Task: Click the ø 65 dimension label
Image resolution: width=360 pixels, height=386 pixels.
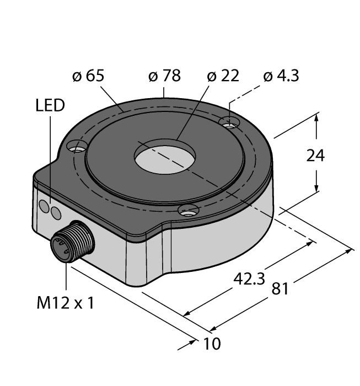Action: tap(88, 76)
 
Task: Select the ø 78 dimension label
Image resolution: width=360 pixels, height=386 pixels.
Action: tap(165, 76)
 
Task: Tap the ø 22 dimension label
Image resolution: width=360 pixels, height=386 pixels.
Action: tap(223, 76)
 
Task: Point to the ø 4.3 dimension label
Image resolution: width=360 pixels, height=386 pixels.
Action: tap(281, 76)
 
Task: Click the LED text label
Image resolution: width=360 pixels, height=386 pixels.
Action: tap(50, 105)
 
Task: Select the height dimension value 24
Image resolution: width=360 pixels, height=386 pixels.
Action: tap(315, 156)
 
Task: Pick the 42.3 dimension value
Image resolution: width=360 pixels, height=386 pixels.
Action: tap(249, 279)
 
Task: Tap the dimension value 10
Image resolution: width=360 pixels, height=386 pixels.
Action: tap(212, 344)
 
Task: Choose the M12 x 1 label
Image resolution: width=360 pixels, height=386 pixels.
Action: tap(66, 303)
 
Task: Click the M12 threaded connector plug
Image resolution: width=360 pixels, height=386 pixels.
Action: tap(73, 242)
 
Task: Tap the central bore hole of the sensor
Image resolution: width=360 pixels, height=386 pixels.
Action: tap(165, 156)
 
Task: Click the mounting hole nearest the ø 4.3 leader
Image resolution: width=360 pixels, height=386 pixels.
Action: tap(229, 122)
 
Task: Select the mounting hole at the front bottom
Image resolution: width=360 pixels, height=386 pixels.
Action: tap(189, 211)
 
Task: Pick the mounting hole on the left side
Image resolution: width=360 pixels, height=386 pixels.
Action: tap(77, 146)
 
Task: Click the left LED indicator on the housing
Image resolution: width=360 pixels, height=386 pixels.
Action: tap(44, 206)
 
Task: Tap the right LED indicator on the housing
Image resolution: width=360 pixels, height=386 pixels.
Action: tap(56, 213)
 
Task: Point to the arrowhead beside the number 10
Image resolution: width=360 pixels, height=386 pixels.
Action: tap(192, 342)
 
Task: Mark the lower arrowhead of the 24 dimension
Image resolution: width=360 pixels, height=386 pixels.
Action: tap(316, 186)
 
